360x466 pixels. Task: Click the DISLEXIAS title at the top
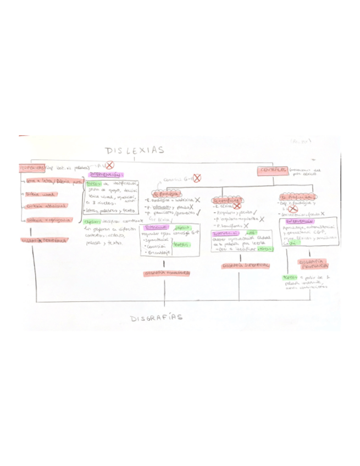coord(134,150)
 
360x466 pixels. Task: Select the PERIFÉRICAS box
coord(31,168)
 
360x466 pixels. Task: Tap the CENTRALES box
coord(273,171)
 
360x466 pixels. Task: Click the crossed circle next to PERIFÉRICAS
coord(110,165)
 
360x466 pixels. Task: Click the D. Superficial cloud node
coord(227,200)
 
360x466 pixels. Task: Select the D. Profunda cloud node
coord(297,197)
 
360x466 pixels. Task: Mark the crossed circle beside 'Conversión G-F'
coord(197,178)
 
